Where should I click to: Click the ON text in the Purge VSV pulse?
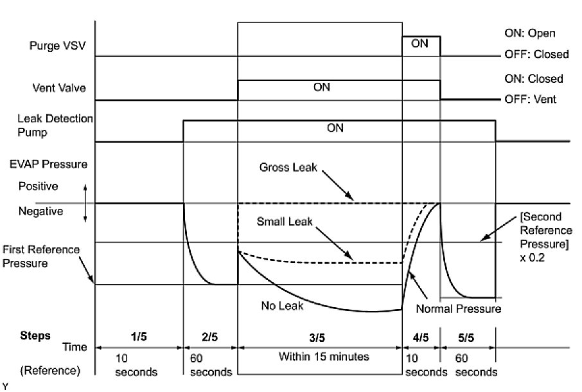[x=419, y=44]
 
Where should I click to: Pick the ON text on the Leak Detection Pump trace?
[x=335, y=128]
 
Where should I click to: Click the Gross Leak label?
[x=287, y=166]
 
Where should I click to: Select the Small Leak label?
[x=285, y=222]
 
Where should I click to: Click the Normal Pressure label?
[x=459, y=309]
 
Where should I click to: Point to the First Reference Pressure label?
[x=41, y=256]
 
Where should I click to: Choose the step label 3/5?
[x=318, y=335]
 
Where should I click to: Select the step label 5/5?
[x=467, y=335]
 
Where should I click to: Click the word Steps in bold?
[x=35, y=335]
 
